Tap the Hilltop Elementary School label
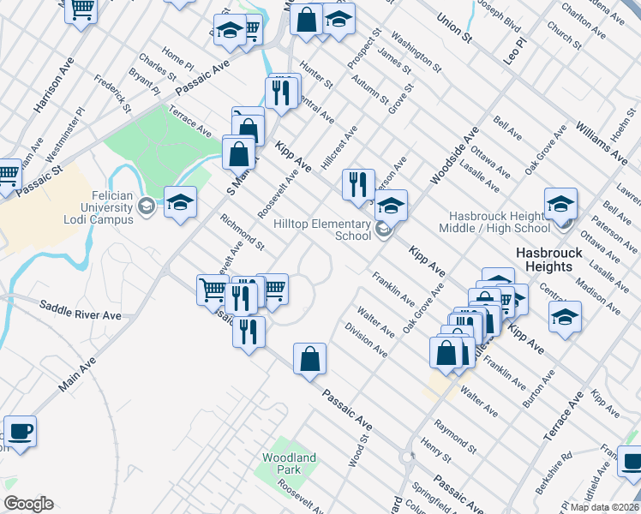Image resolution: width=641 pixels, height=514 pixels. point(322,230)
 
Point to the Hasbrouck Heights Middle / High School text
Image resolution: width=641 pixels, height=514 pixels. point(494,222)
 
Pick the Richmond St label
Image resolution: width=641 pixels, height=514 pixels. point(243,232)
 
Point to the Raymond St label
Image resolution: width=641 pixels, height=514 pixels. point(454,435)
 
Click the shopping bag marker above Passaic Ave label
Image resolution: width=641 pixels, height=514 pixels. point(309,359)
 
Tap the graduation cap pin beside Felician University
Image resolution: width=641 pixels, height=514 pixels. point(180,203)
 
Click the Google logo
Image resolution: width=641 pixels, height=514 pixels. point(28,504)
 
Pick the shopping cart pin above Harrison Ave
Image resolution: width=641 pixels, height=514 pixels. point(81,11)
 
